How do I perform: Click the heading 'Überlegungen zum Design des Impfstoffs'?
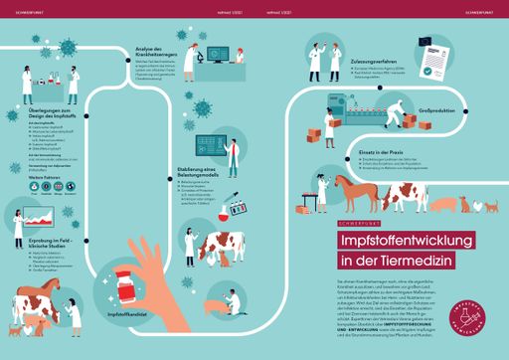51,111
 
